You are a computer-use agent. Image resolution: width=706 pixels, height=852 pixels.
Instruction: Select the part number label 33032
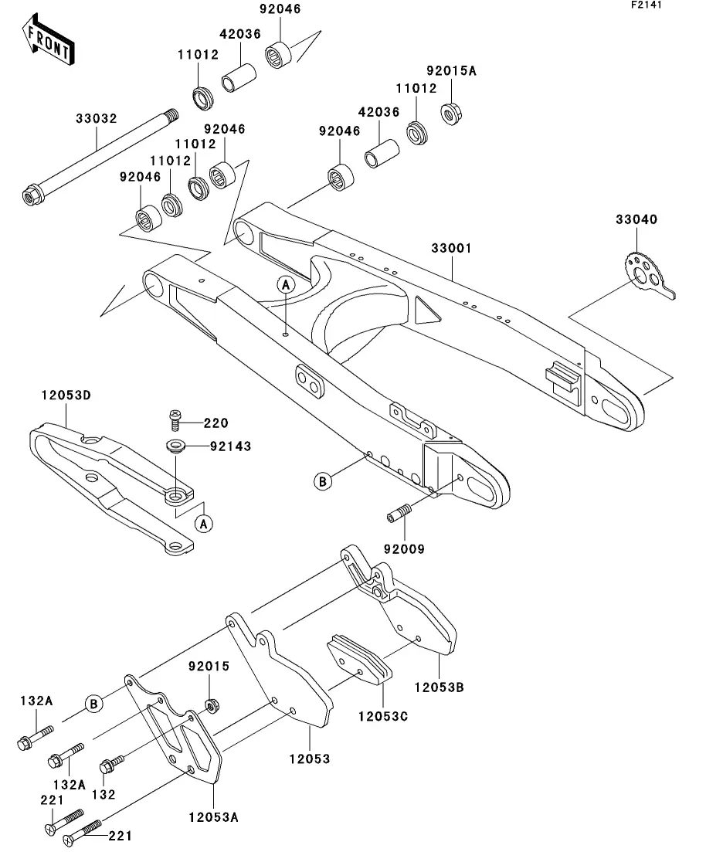point(97,118)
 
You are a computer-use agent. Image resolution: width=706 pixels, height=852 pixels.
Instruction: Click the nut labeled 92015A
point(451,114)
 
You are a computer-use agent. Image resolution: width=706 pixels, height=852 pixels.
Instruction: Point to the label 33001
point(452,248)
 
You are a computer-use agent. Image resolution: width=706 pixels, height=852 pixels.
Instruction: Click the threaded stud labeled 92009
point(399,512)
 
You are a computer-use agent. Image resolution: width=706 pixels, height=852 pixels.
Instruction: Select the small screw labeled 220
point(175,420)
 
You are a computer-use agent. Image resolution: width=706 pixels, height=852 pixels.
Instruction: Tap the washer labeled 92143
point(176,446)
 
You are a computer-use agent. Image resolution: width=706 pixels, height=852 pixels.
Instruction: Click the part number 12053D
point(66,395)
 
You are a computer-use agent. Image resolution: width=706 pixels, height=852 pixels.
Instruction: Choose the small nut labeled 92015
point(212,706)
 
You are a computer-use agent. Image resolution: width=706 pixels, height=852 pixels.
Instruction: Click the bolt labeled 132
point(112,763)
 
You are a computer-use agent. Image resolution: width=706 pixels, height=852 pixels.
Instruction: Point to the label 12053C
point(383,717)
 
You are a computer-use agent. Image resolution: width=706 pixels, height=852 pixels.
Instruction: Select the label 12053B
point(440,687)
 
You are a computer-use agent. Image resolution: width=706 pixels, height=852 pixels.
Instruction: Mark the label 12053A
point(214,817)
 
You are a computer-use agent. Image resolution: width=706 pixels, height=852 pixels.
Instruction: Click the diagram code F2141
point(647,5)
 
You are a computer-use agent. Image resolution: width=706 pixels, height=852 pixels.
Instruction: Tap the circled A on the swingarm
point(286,284)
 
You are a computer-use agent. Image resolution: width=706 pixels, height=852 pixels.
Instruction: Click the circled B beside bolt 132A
point(93,704)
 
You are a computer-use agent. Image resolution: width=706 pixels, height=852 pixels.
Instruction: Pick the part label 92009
point(404,549)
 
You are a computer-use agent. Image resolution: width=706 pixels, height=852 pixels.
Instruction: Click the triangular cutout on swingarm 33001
point(426,310)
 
